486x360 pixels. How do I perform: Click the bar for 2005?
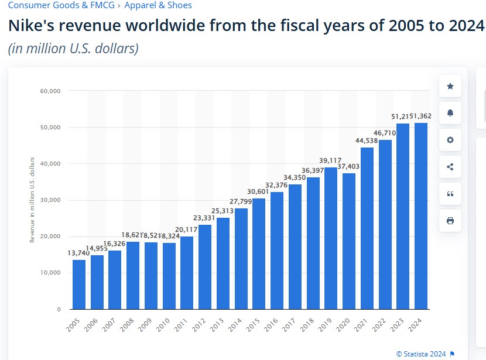point(79,284)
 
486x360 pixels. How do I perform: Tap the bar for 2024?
point(421,216)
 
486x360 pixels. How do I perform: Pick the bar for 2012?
point(205,267)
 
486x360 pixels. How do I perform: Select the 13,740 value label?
point(79,252)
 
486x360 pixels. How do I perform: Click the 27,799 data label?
point(241,201)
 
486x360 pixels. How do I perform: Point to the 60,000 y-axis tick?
point(51,91)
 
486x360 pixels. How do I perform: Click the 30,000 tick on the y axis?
point(51,200)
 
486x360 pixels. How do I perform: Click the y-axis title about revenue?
point(32,200)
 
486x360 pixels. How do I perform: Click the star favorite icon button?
point(450,87)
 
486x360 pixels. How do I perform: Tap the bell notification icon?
point(450,114)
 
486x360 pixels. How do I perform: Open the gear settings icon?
point(450,140)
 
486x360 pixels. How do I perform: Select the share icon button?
point(450,167)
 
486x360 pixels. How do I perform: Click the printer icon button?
point(450,221)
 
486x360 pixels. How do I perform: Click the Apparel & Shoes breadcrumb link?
point(158,5)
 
